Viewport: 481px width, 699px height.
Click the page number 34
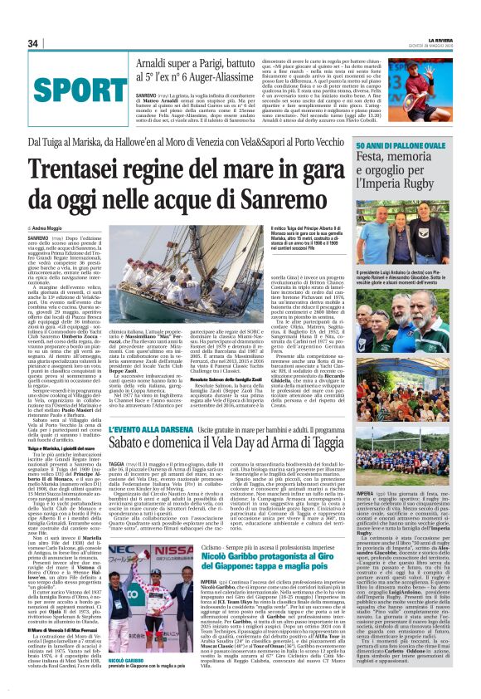[33, 43]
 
